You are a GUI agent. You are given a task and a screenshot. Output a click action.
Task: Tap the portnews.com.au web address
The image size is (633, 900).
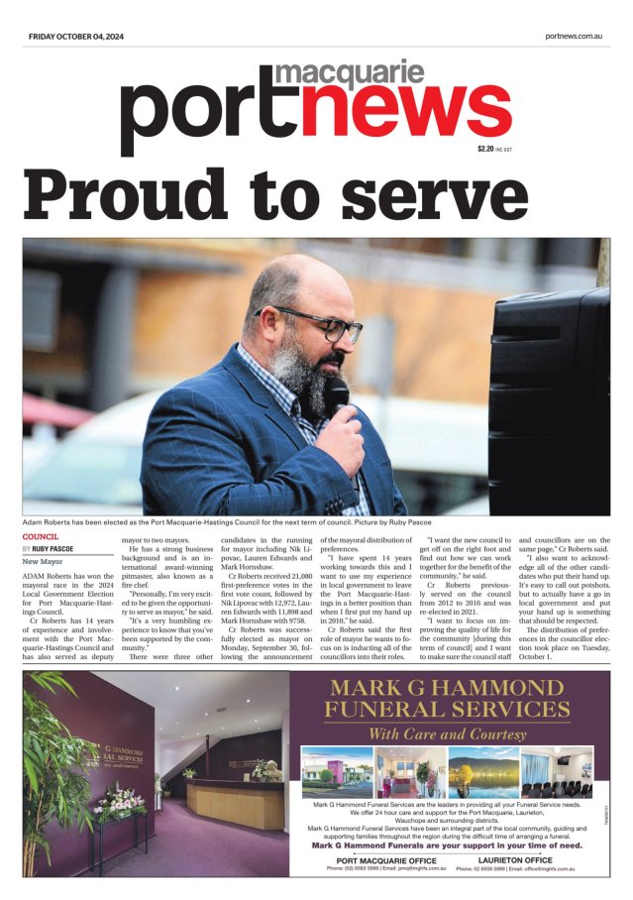coord(574,36)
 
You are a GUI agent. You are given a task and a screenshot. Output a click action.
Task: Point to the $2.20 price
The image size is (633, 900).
coord(484,149)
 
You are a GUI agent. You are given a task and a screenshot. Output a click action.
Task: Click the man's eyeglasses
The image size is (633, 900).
coord(307,322)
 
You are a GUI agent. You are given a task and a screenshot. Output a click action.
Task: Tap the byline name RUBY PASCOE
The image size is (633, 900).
coord(53,548)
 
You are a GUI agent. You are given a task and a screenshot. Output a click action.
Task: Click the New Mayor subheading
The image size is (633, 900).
coord(43,562)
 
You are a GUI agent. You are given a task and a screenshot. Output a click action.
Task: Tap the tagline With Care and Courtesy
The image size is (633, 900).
coord(447,734)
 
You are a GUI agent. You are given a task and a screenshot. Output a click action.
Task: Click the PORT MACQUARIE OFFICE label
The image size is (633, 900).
coord(379,860)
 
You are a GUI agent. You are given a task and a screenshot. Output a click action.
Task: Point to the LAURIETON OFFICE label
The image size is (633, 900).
coord(521,860)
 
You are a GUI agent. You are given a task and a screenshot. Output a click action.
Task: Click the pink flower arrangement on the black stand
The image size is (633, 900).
coord(120,801)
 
